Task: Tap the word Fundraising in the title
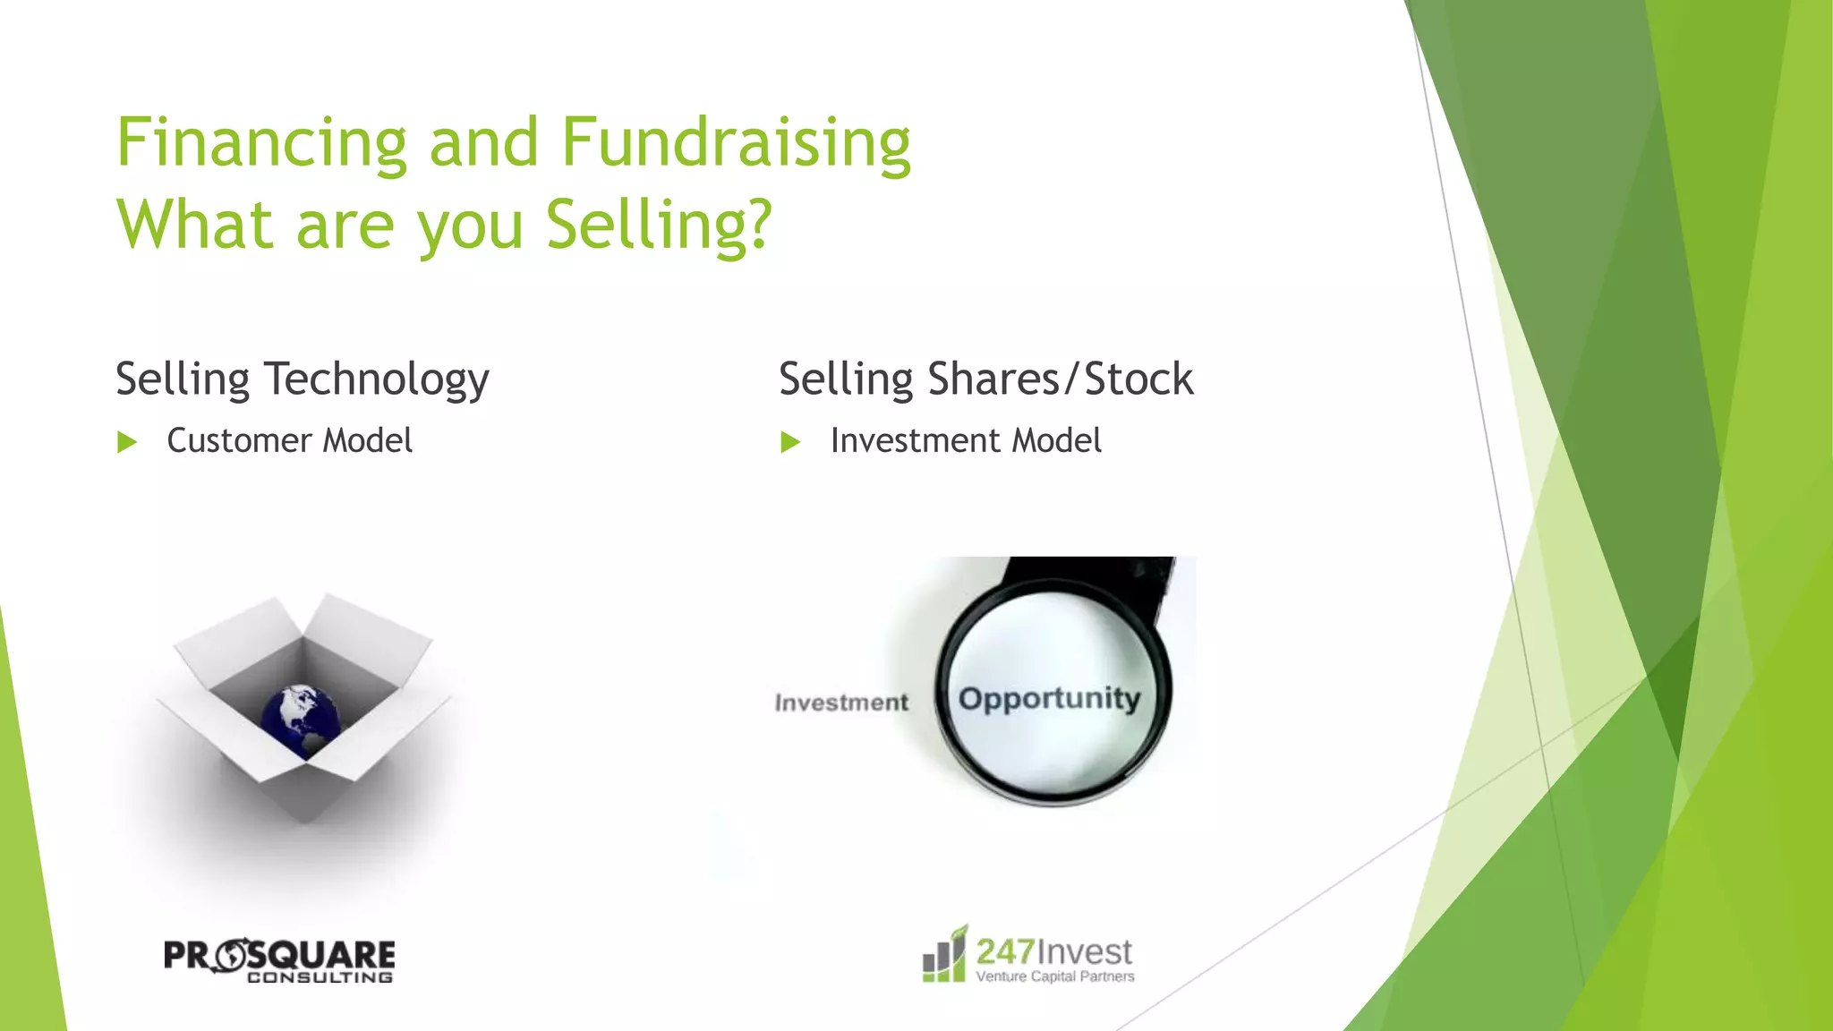tap(736, 143)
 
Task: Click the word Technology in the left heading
tap(376, 379)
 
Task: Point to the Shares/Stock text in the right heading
tap(1061, 379)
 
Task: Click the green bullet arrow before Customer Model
tap(127, 442)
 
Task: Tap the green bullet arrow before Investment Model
tap(790, 442)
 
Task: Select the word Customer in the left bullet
tap(239, 440)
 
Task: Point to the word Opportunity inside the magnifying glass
tap(1049, 698)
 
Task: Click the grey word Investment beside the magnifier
tap(841, 703)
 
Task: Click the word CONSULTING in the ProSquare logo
tap(320, 977)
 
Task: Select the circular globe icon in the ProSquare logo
tap(231, 955)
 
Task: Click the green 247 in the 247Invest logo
tap(1005, 951)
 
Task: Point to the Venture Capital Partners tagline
tap(1055, 976)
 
